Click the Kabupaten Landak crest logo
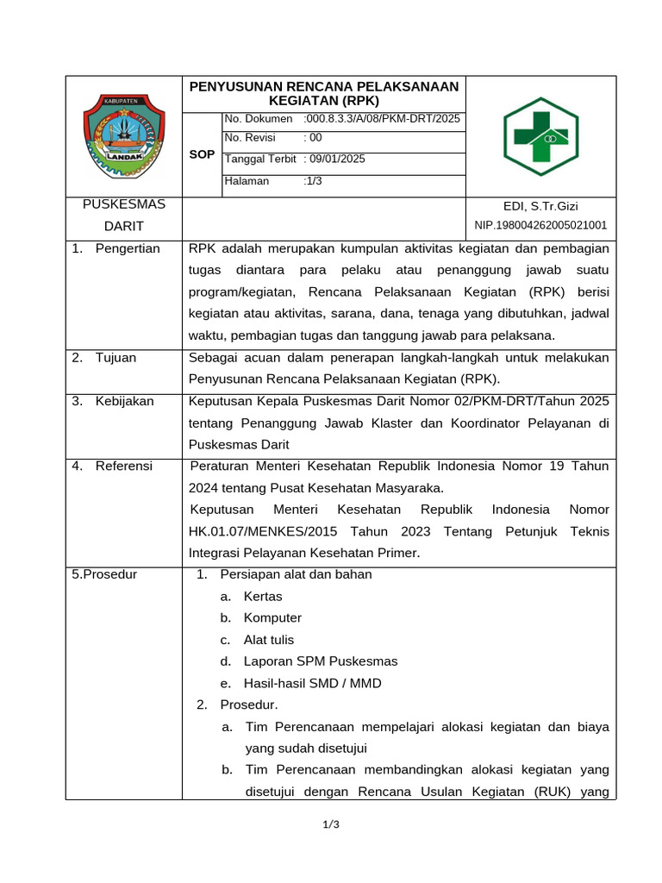point(122,136)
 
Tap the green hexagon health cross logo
point(541,136)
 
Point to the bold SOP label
point(202,154)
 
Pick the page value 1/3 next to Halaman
point(313,181)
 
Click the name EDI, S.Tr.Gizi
point(540,206)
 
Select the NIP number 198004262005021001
point(540,226)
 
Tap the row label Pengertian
point(128,248)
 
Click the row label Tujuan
point(116,357)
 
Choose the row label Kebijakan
point(126,401)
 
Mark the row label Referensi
point(123,466)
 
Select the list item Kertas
point(263,596)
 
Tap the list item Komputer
point(272,617)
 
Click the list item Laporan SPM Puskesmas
point(321,661)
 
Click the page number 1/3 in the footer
point(331,825)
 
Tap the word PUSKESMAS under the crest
point(123,205)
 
